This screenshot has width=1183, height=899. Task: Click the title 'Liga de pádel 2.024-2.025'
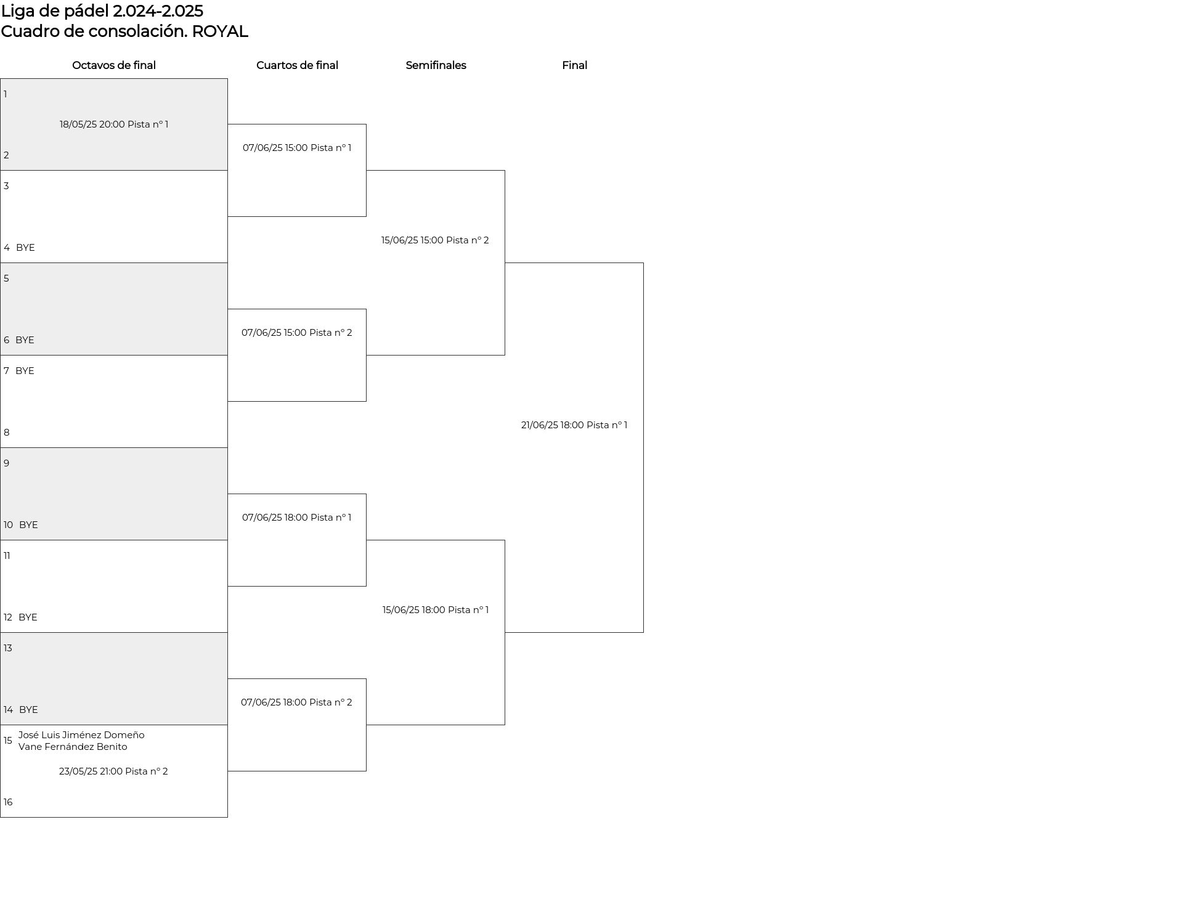pos(102,11)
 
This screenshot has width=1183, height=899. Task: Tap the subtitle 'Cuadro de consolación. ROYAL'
pos(124,31)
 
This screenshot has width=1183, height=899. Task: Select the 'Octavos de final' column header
pos(114,65)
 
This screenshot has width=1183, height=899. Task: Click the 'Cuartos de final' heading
pos(297,65)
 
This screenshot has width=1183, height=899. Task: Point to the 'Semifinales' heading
pos(436,65)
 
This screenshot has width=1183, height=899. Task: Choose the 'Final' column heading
pos(574,65)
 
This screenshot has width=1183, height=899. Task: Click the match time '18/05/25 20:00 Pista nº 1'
pos(114,124)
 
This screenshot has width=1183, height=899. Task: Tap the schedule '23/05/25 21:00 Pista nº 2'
pos(113,771)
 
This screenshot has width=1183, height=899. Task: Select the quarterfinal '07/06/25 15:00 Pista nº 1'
pos(297,148)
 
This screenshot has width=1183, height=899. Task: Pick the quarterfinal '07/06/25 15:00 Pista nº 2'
pos(297,333)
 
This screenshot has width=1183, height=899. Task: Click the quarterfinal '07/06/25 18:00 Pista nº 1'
pos(297,518)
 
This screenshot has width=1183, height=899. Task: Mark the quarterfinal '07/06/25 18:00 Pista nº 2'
pos(296,702)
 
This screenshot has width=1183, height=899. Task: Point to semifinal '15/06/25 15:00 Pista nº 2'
pos(435,240)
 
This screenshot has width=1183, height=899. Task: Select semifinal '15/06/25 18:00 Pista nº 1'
pos(436,610)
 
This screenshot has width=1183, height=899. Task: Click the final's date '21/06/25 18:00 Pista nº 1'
pos(574,425)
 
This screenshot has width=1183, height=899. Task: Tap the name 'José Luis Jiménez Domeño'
pos(81,735)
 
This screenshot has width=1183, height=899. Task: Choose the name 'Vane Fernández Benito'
pos(73,747)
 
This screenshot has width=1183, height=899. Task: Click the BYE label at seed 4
pos(25,248)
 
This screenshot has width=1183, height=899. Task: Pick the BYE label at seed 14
pos(28,710)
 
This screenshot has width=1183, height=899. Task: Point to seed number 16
pos(8,802)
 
